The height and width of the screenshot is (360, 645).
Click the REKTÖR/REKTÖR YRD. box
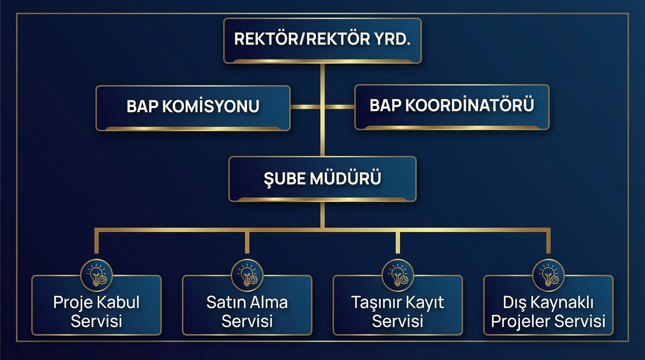click(x=322, y=40)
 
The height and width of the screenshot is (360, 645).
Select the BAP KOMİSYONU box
click(x=193, y=107)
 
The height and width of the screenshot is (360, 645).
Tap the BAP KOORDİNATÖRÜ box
click(x=451, y=106)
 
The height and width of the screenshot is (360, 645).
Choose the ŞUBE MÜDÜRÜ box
click(x=322, y=179)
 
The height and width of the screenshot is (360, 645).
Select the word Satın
click(x=226, y=302)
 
